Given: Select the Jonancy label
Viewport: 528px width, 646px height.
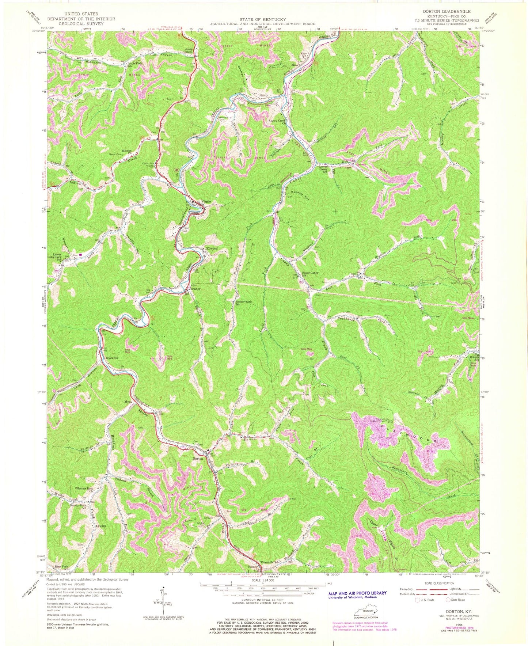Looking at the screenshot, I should [x=195, y=289].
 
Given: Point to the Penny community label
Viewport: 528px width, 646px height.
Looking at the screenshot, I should [x=264, y=95].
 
